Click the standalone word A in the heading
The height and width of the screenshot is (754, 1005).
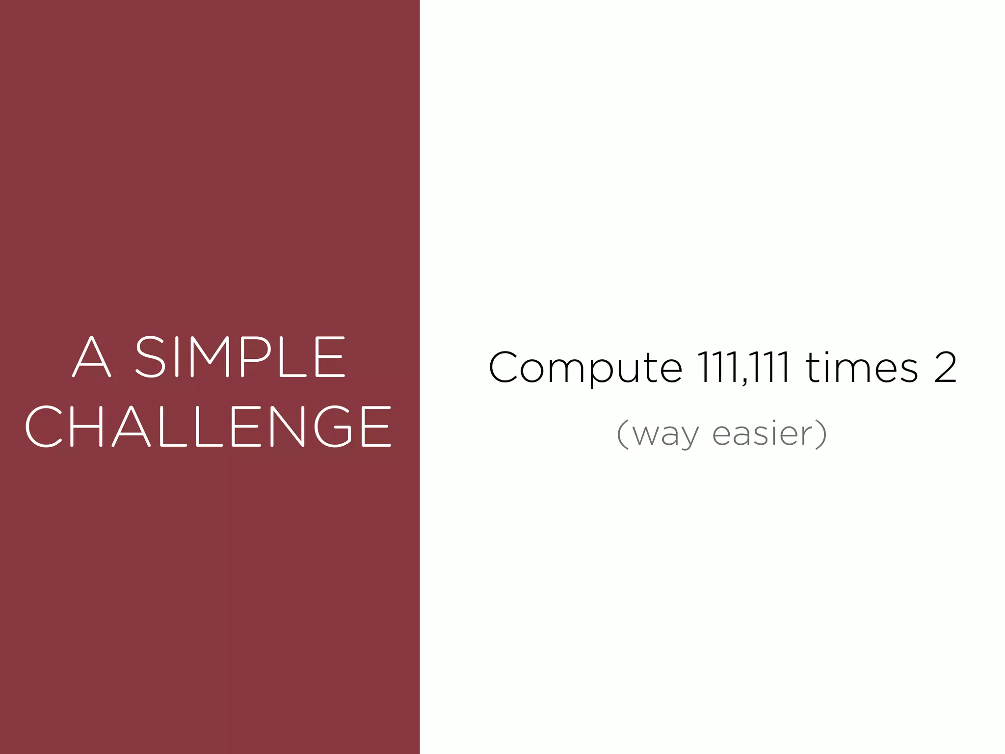tap(92, 357)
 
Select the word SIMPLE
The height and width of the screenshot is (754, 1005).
tap(240, 357)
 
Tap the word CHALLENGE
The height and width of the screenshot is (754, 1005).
tap(209, 426)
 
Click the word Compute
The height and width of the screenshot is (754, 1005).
tap(585, 368)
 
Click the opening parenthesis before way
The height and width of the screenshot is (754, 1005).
tap(622, 434)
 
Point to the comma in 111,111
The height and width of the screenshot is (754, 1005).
tap(745, 381)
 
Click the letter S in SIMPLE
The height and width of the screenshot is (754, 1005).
tap(150, 357)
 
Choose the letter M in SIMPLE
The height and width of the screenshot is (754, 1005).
tap(210, 357)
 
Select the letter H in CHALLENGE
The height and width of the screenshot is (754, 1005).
tap(87, 426)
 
